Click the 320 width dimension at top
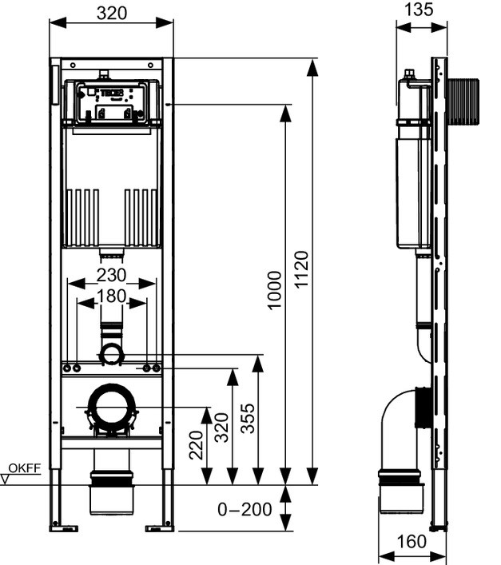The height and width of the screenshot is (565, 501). pos(112,13)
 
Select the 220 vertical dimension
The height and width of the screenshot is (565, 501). pos(197,444)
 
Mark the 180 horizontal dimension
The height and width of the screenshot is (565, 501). pos(112,295)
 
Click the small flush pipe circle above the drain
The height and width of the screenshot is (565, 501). pos(111,352)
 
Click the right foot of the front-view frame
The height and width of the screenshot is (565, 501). pos(160,526)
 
